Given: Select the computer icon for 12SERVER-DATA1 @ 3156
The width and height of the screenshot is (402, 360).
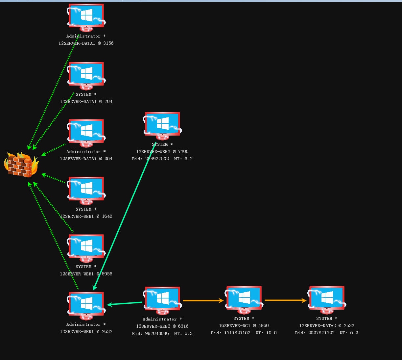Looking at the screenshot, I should coord(86,16).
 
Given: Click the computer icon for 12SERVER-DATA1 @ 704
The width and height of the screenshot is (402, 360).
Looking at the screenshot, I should coord(86,74).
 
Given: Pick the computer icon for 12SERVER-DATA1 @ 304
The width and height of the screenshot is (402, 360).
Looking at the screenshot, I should coord(86,131).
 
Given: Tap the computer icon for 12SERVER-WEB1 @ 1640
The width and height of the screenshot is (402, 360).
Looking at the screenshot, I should coord(86,189).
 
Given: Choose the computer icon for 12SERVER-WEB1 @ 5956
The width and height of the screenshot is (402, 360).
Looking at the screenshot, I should coord(86,246).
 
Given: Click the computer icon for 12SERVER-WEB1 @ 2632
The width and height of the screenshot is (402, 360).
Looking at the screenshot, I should coord(86,304).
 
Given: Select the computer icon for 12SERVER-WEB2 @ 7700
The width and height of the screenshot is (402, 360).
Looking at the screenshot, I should coord(162,124).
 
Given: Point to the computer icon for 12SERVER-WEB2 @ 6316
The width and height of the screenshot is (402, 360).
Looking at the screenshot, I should coord(162,299).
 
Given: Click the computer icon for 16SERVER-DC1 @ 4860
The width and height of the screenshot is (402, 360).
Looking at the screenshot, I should coord(244,298).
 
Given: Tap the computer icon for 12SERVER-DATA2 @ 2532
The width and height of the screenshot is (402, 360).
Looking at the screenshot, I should coord(327,298).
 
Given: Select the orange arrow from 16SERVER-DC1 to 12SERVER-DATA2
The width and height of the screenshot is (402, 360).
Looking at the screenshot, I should coord(285,300).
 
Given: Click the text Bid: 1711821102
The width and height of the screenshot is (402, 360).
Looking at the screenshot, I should coord(231,333).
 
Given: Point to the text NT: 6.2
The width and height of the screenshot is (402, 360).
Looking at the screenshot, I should coord(183,159).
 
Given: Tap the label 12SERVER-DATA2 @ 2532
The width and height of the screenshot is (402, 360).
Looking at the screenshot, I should coord(327,325).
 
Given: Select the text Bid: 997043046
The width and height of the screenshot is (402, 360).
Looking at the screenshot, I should coord(151,333).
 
